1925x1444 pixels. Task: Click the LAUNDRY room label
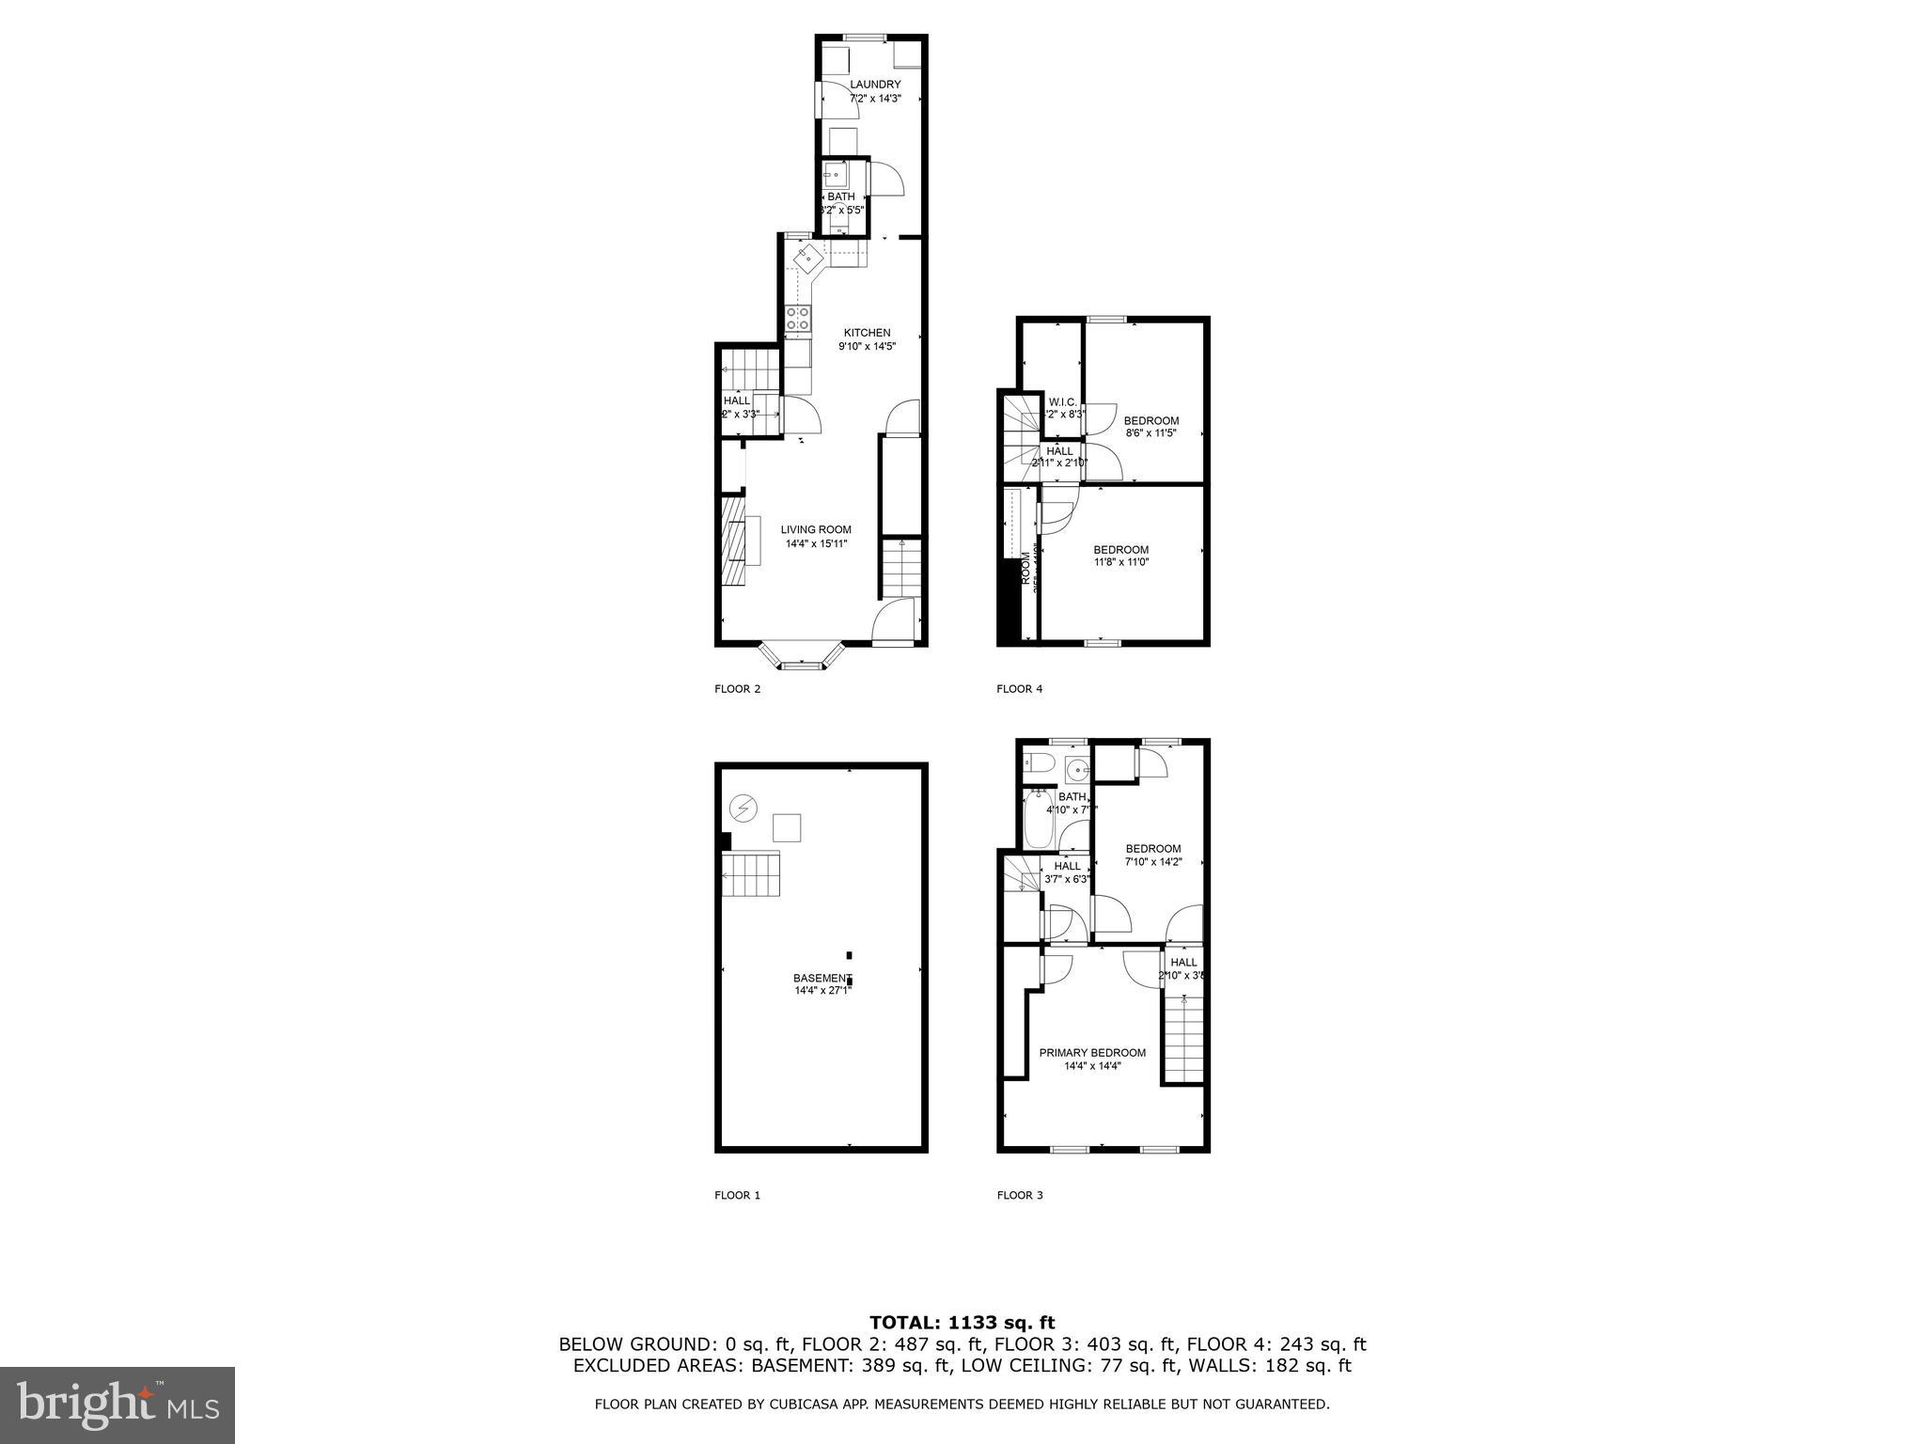[875, 85]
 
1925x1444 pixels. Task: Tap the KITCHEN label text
[867, 333]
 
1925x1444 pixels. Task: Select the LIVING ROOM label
[816, 530]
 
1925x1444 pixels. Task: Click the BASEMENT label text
[822, 978]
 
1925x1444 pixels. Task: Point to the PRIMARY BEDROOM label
[1092, 1053]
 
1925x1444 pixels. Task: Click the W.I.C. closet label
[1062, 402]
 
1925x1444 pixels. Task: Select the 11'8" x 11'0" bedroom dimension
[1120, 562]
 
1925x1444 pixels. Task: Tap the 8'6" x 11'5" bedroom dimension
[1151, 433]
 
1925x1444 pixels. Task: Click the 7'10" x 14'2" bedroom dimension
[1153, 861]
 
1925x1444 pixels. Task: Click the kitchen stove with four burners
[797, 319]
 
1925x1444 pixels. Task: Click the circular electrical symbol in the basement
[743, 808]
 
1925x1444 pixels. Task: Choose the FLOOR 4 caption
[1019, 689]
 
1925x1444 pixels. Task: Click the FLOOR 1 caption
[737, 1196]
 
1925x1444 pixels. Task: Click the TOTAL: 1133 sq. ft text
[962, 1324]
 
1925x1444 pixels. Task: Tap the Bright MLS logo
[117, 1405]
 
